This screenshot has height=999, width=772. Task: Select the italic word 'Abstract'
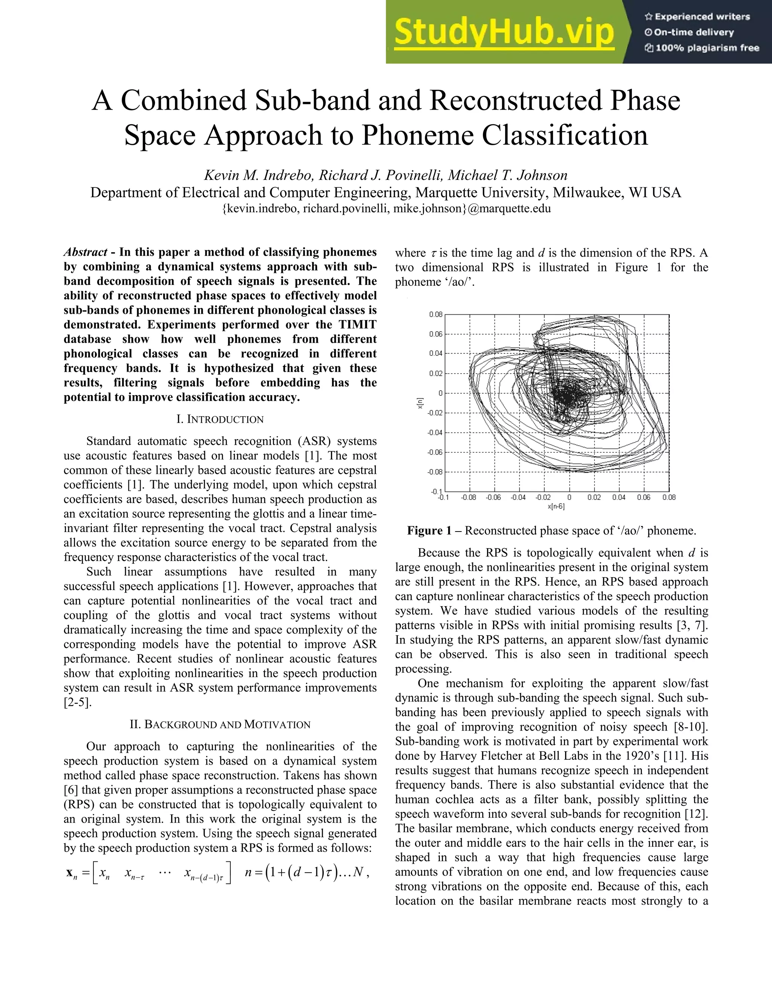[86, 252]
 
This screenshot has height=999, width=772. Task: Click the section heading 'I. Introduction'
[220, 420]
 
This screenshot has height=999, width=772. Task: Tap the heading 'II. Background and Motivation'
[220, 725]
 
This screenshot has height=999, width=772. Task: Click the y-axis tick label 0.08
[435, 315]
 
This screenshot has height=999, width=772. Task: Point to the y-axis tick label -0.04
[435, 433]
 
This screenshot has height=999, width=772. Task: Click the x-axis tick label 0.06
[643, 497]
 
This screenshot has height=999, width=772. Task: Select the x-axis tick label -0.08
[468, 497]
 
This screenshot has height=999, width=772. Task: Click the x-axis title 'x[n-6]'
[556, 506]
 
